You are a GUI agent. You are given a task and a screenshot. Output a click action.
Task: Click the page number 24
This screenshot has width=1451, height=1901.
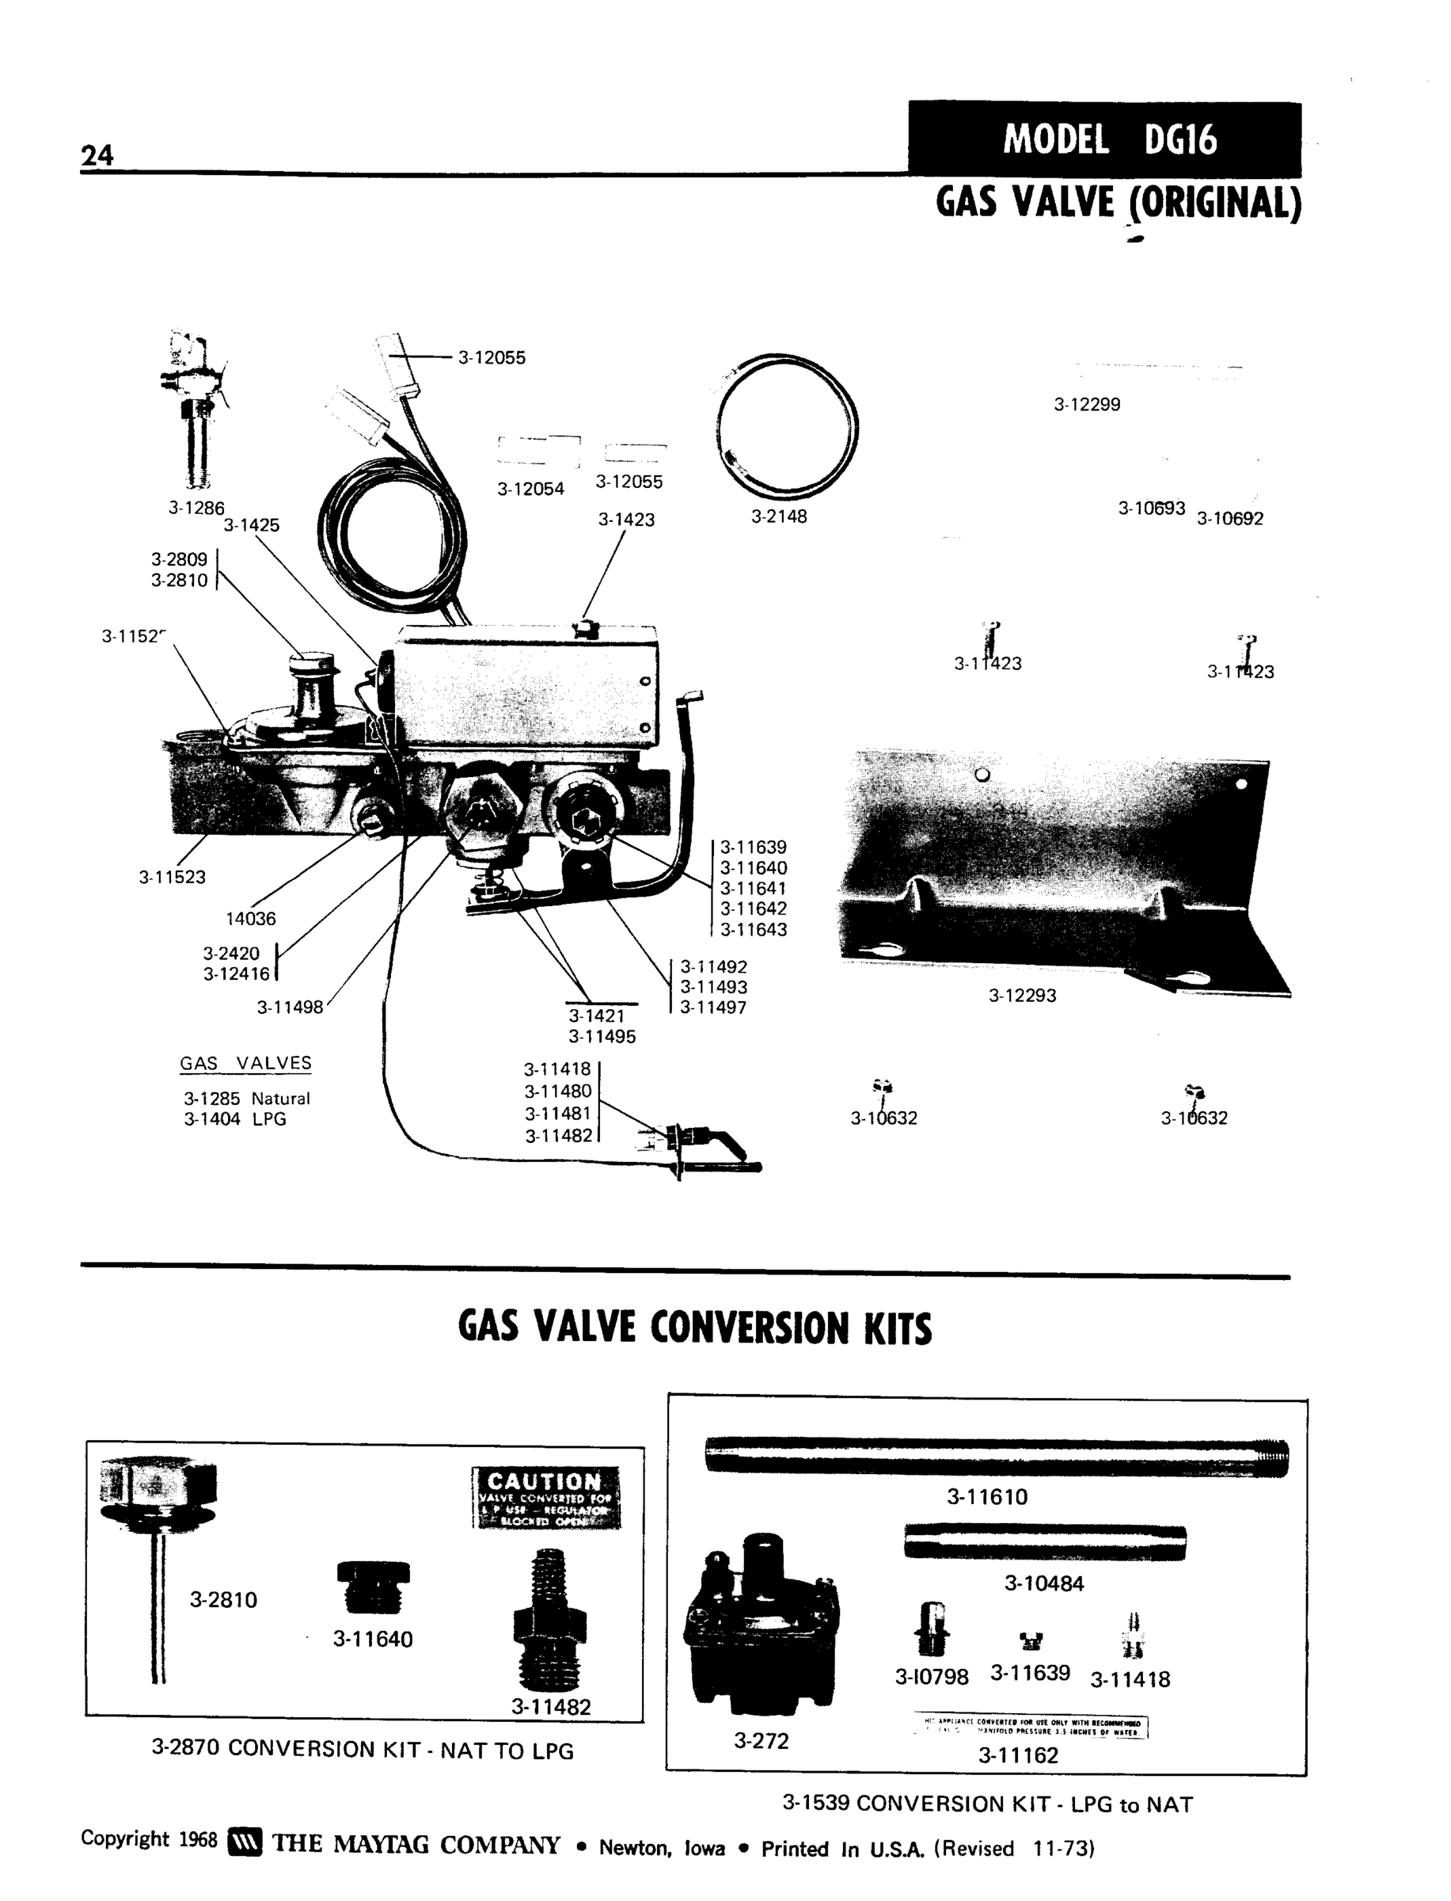click(x=97, y=155)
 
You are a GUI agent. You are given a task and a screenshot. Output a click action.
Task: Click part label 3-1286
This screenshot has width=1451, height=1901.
click(x=196, y=508)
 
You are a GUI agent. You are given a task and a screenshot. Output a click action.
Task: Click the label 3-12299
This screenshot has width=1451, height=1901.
click(x=1087, y=405)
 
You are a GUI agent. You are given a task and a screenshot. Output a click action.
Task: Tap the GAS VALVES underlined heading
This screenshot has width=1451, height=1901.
click(x=245, y=1064)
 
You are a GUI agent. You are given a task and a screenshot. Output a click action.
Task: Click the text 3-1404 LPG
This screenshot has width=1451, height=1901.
click(x=235, y=1119)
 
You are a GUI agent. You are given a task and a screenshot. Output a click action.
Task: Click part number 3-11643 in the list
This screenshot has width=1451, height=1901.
click(x=753, y=930)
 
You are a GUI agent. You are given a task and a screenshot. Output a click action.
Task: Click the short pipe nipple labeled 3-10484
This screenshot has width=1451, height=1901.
click(x=1044, y=1542)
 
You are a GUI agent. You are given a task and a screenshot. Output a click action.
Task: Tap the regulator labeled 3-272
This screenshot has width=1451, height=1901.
click(x=760, y=1625)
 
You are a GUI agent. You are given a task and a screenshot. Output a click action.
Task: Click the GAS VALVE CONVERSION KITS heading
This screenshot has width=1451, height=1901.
click(x=694, y=1328)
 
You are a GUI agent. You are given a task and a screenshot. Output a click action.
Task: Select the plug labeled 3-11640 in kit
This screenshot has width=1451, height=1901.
click(x=373, y=1587)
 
